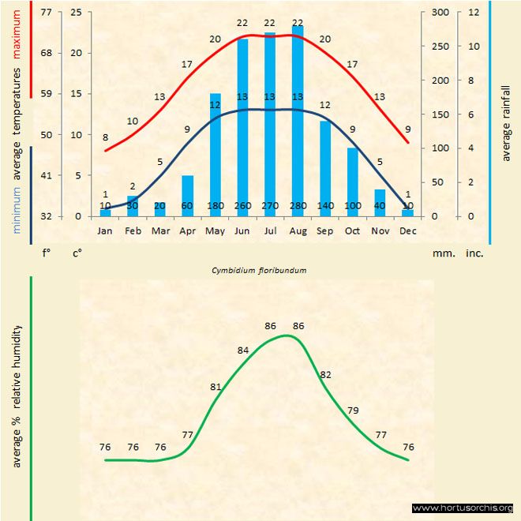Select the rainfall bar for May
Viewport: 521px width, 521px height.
tap(215, 154)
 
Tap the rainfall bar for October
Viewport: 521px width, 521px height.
tap(353, 182)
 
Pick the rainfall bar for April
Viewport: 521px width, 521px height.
tap(188, 195)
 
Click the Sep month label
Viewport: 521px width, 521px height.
tap(324, 231)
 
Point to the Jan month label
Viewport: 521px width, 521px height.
tap(105, 231)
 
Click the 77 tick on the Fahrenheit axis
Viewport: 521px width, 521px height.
tap(46, 13)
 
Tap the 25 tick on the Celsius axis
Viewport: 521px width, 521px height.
tap(76, 13)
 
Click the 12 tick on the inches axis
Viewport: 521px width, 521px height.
tap(474, 13)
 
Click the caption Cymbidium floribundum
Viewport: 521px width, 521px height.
tap(259, 270)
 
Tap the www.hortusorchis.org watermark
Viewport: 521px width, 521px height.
tap(463, 508)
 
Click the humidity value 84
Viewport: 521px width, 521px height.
tap(243, 350)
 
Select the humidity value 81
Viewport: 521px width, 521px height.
tap(216, 387)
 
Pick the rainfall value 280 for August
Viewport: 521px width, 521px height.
tap(298, 206)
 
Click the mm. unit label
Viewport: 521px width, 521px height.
tap(441, 253)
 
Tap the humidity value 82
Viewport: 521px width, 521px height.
tap(326, 374)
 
